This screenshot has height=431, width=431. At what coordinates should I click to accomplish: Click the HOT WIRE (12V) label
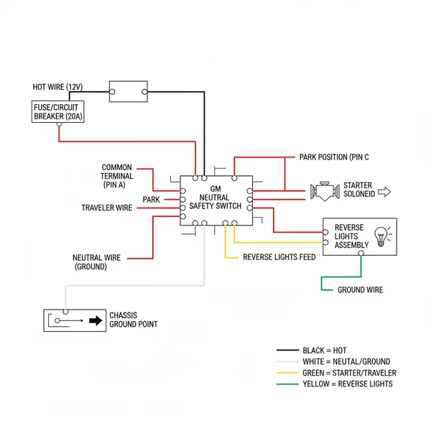tap(57, 87)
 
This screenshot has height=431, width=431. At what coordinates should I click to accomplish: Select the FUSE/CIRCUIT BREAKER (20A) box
tap(55, 111)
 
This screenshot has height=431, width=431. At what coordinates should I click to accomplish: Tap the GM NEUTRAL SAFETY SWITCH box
tap(215, 200)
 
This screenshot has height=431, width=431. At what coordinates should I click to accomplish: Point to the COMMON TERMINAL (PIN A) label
tap(116, 176)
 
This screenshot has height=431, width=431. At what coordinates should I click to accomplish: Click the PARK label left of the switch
tap(151, 199)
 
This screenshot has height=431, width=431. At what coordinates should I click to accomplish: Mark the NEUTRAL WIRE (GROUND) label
tap(96, 261)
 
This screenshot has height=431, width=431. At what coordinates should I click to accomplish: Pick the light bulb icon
tap(381, 235)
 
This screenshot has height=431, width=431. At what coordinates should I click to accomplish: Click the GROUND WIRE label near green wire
tap(361, 290)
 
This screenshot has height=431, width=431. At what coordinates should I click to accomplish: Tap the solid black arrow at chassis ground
tap(95, 321)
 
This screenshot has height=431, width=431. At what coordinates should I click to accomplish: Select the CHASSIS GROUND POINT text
tap(133, 320)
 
